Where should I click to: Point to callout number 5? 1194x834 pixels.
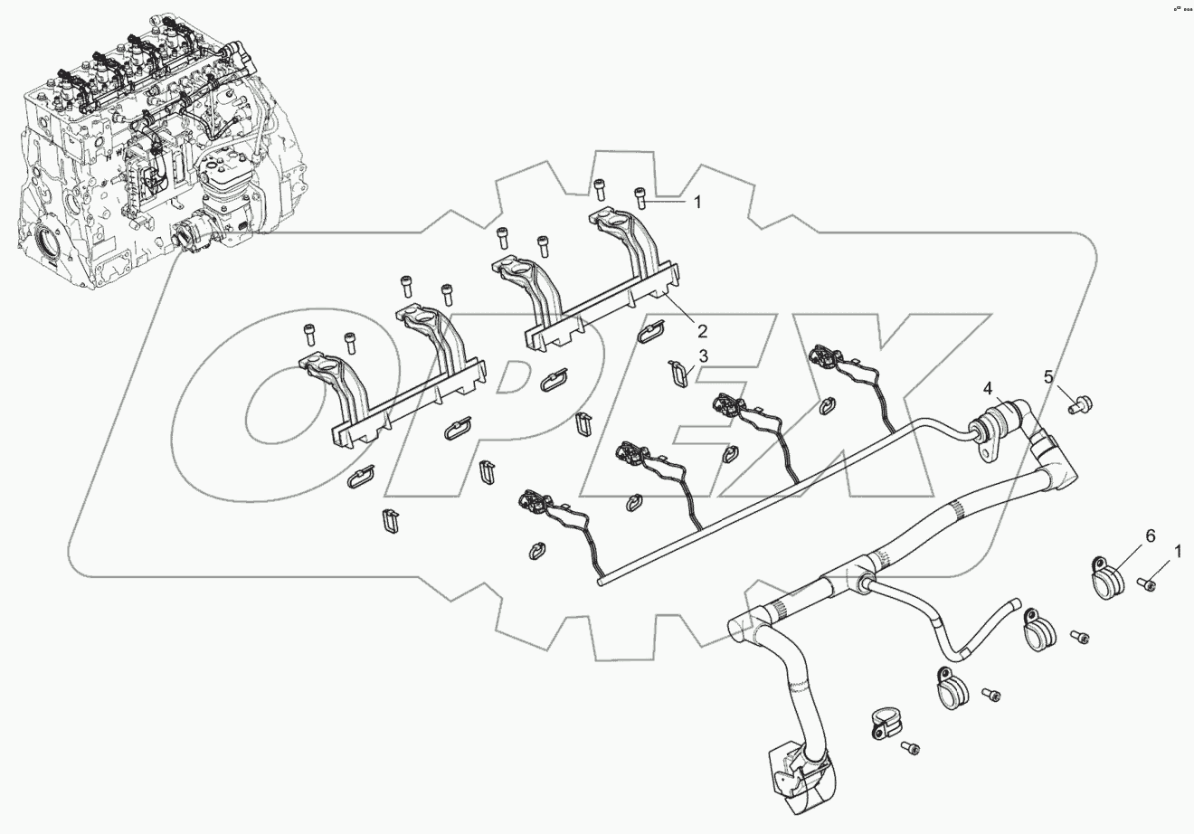1048,376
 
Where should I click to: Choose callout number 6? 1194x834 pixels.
1151,536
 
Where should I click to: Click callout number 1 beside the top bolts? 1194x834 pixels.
696,203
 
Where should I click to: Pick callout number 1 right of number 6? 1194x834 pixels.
1177,550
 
